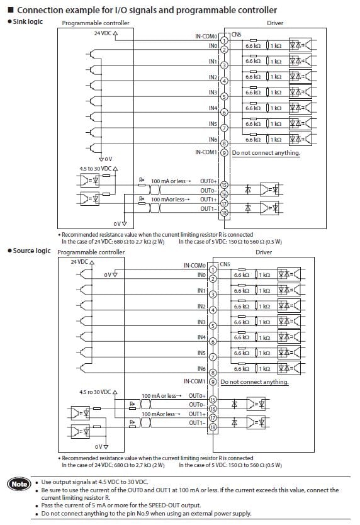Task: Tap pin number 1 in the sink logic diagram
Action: [224, 40]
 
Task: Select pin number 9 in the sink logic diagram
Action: [224, 152]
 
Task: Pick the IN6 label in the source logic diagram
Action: [201, 368]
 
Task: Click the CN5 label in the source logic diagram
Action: [225, 264]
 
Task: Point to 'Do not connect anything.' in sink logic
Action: [266, 153]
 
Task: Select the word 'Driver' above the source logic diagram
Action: [264, 252]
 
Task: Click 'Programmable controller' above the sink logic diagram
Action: [96, 23]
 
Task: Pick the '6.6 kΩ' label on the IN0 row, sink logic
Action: [253, 46]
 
